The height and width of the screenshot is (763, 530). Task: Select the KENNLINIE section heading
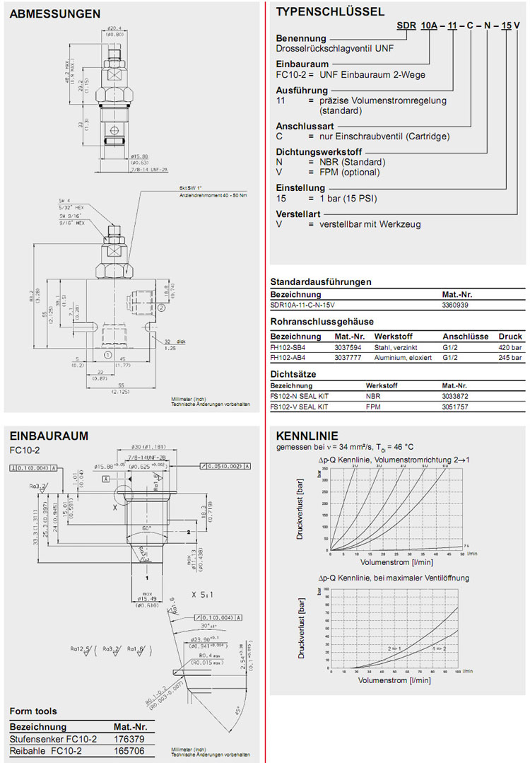(x=307, y=435)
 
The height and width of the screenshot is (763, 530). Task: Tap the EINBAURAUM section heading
(x=49, y=435)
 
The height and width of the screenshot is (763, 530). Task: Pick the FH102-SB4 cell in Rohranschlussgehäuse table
(x=290, y=347)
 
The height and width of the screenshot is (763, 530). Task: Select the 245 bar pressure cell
(x=511, y=358)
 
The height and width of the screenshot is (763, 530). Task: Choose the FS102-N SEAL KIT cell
(x=300, y=397)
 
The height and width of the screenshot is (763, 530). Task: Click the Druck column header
(x=511, y=337)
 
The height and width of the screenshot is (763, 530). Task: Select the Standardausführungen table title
(x=321, y=281)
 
